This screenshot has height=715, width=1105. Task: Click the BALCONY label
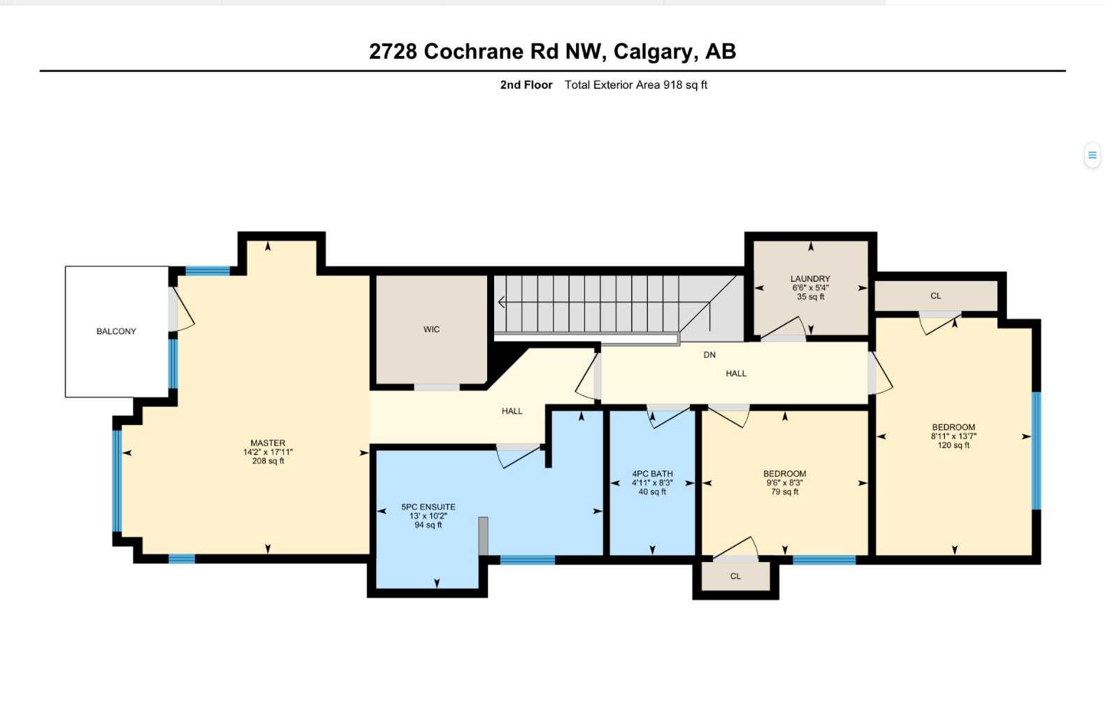tap(116, 331)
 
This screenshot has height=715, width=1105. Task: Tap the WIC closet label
tap(431, 329)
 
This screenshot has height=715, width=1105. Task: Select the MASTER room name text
tap(268, 443)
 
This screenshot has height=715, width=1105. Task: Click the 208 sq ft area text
tap(268, 461)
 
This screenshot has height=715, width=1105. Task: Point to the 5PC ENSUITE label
tap(428, 507)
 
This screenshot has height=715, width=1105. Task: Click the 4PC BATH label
tap(652, 474)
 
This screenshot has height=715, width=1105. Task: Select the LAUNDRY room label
tap(810, 279)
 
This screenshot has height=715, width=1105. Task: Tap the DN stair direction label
tap(709, 355)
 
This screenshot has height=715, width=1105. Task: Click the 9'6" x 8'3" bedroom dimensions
tap(784, 483)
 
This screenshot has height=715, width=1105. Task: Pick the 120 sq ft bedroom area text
tap(953, 445)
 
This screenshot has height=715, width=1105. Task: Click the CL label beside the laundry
tap(936, 296)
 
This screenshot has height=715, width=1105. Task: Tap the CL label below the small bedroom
tap(735, 577)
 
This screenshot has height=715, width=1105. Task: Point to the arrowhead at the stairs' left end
tap(501, 303)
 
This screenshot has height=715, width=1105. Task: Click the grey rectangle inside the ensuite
tap(483, 536)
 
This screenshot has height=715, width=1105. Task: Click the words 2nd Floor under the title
tap(526, 85)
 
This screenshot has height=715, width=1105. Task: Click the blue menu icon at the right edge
tap(1092, 155)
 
